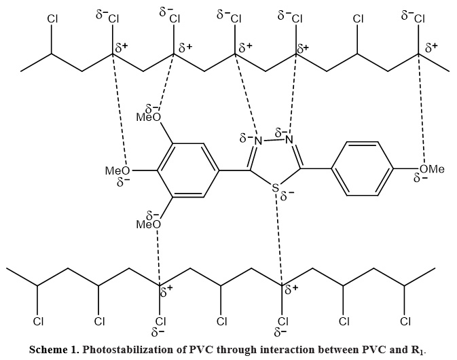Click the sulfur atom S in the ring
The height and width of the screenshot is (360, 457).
point(275,187)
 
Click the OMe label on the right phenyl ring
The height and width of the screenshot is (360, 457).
point(432,168)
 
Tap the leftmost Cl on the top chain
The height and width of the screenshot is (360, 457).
point(52,19)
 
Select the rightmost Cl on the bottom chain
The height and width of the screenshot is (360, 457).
point(405,321)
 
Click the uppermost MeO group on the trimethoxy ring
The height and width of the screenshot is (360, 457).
point(149,118)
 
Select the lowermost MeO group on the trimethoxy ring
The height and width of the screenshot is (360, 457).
point(149,224)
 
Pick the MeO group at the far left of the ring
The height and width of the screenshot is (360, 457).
point(117,170)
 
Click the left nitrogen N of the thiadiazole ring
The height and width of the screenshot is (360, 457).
point(258,141)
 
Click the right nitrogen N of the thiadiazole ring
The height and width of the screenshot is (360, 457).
point(289,140)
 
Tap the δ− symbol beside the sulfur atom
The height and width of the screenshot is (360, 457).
point(287,197)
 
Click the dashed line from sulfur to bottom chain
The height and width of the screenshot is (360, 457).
point(278,238)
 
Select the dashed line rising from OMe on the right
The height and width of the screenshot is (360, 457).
point(421,109)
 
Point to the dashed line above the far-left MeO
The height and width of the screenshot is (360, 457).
point(120,110)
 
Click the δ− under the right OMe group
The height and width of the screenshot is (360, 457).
point(420,178)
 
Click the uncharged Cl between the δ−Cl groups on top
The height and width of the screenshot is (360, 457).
point(358,19)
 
